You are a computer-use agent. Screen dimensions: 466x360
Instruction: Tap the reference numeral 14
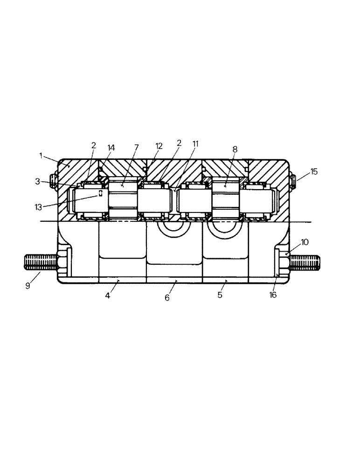point(111,147)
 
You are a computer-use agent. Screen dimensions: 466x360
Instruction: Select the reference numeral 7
point(136,147)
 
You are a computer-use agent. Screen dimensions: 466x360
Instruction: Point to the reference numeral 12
point(159,146)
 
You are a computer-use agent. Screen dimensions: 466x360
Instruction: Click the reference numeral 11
point(195,144)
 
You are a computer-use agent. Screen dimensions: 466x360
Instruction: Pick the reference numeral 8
point(235,149)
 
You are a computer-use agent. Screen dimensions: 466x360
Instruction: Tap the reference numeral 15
point(314,171)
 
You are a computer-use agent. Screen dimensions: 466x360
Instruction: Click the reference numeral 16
point(273,295)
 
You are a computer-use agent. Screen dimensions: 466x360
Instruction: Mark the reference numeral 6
point(167,298)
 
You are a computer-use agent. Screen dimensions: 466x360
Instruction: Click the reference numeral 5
point(220,295)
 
